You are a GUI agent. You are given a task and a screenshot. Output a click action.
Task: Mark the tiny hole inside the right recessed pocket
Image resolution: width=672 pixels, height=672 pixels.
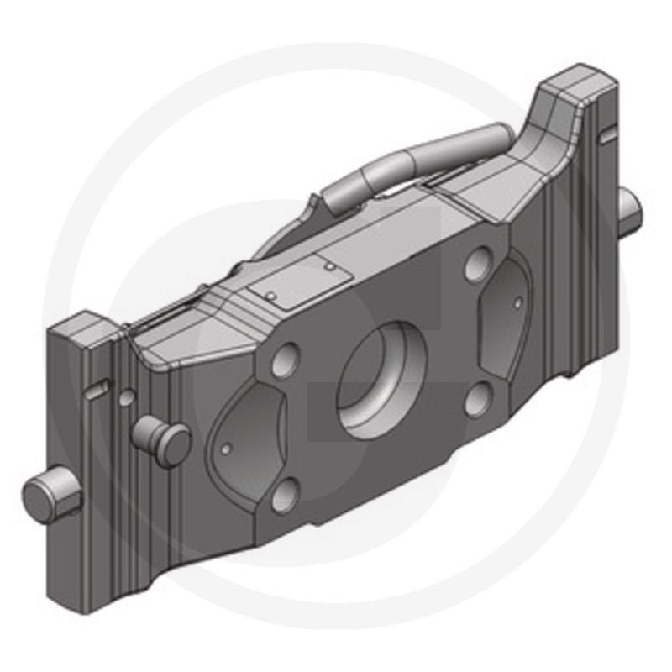coord(518,302)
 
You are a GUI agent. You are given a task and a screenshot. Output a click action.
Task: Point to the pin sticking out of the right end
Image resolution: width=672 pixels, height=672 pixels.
coord(629,210)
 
